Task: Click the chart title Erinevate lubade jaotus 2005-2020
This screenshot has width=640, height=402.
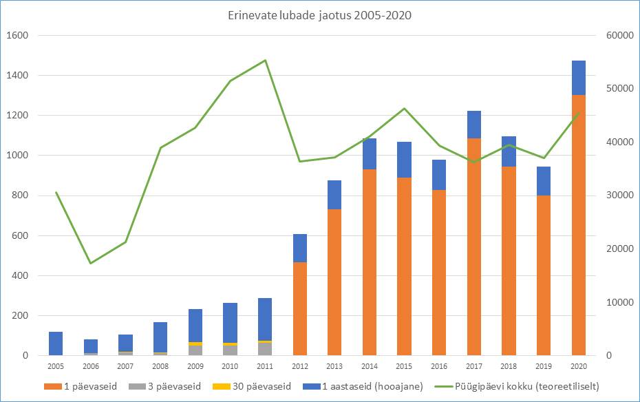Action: click(320, 16)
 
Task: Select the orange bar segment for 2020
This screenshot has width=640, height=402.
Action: click(578, 226)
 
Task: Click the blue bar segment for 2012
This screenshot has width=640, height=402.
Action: click(299, 248)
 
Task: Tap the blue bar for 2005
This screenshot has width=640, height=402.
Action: click(56, 343)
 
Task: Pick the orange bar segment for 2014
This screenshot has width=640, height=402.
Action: click(369, 262)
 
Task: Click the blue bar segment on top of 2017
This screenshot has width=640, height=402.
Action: click(473, 125)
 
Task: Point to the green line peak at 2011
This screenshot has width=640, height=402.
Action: click(265, 61)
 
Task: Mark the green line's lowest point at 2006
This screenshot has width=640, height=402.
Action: click(91, 263)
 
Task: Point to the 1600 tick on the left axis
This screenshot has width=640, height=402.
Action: click(17, 36)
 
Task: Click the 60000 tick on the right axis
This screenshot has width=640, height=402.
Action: click(617, 36)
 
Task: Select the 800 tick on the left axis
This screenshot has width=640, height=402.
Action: click(19, 195)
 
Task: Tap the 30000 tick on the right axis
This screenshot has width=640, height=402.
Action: click(617, 195)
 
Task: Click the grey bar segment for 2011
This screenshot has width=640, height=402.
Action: click(265, 349)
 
